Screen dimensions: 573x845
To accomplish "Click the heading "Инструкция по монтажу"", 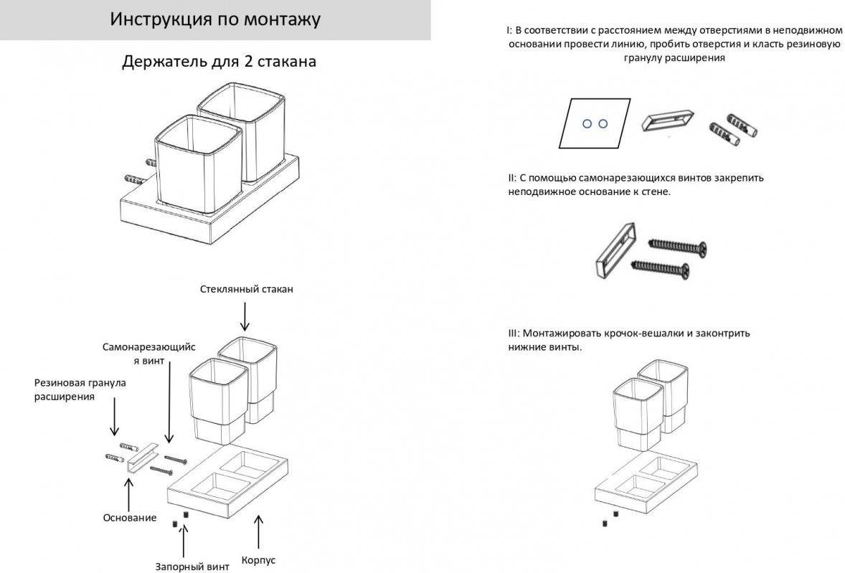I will click(x=215, y=19).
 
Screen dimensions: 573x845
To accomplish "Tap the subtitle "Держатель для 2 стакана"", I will click(x=219, y=62).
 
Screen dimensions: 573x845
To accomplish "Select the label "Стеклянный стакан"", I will click(x=247, y=289).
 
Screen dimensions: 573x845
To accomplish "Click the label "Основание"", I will click(x=129, y=517).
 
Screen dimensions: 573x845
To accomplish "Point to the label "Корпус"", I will click(x=259, y=560).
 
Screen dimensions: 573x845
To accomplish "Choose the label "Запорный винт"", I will click(x=192, y=567).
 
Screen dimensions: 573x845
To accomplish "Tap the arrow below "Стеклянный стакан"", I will click(x=246, y=315).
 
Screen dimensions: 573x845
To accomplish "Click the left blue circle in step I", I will click(x=586, y=123).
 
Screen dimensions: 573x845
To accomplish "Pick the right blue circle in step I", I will click(x=603, y=123).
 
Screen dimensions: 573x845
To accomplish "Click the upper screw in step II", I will click(x=677, y=246).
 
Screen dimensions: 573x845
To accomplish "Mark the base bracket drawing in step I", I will click(x=666, y=122).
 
